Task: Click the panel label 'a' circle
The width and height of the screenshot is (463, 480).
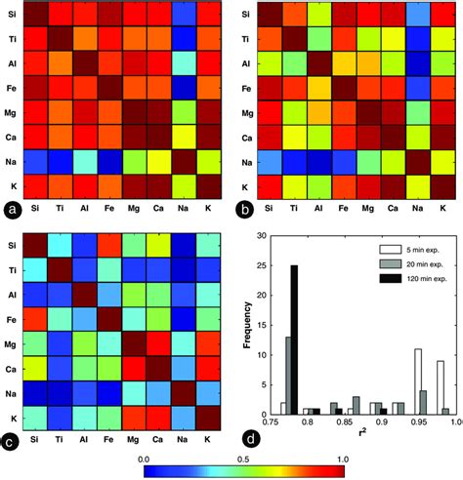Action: [x=12, y=210]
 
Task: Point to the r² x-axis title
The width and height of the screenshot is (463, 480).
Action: [x=367, y=444]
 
